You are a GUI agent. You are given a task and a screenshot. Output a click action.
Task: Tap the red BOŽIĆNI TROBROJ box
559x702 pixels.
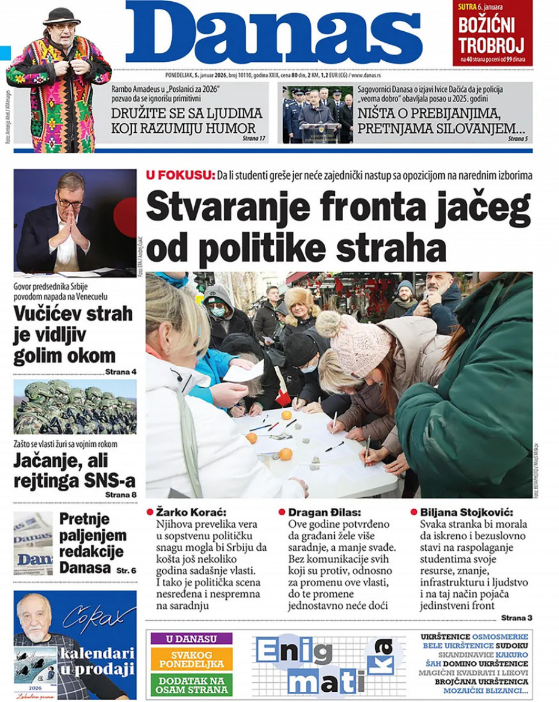tap(492, 33)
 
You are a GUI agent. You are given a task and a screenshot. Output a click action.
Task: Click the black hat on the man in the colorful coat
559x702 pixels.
tap(62, 15)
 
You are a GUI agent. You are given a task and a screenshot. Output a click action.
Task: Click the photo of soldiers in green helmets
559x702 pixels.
tap(75, 407)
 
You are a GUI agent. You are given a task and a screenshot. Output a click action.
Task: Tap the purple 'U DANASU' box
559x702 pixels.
tap(191, 638)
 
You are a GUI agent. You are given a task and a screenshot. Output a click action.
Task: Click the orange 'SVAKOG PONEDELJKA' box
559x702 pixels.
tap(191, 659)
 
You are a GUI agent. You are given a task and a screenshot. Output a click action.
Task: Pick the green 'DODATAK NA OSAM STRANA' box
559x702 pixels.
tap(191, 685)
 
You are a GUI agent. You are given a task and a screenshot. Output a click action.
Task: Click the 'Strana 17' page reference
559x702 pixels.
tap(254, 138)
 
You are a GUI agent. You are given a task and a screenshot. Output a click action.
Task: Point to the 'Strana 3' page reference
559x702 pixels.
tap(516, 617)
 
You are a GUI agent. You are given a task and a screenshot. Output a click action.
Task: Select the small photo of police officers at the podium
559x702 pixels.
tap(318, 114)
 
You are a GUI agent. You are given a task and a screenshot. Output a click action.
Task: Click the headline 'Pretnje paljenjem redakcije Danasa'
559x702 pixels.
tap(93, 543)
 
